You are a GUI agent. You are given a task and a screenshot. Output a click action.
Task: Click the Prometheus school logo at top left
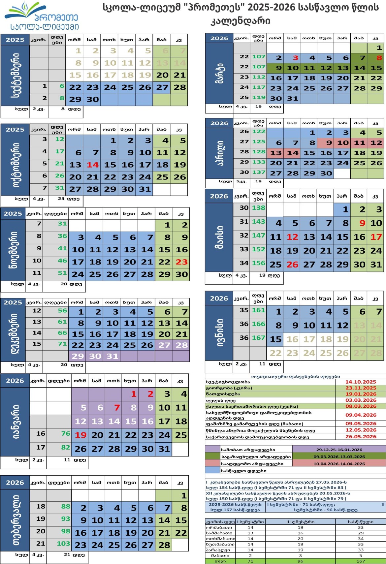41,16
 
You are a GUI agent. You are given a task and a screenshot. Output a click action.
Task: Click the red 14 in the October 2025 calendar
93,165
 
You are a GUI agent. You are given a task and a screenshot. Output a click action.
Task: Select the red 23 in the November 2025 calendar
181,262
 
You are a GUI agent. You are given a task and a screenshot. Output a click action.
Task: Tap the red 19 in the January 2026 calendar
80,435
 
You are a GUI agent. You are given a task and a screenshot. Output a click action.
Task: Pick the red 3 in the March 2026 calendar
296,58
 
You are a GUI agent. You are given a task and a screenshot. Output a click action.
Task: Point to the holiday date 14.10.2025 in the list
361,382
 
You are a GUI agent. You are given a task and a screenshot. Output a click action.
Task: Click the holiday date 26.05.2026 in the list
361,437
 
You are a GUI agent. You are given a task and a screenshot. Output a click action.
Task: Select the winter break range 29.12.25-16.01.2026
339,450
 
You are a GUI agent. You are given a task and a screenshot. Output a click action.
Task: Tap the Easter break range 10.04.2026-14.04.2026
339,464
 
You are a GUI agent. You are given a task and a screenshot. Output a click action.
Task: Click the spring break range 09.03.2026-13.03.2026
339,457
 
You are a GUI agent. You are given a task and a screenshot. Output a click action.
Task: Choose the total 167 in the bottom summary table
361,561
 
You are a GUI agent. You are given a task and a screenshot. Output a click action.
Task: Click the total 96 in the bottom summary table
300,561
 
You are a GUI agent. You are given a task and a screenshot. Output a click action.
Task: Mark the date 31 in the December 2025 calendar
112,356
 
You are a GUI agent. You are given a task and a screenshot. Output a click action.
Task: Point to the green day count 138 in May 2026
259,208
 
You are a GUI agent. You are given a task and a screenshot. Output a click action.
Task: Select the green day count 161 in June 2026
259,310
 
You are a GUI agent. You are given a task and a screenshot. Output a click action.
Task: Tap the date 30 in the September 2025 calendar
93,99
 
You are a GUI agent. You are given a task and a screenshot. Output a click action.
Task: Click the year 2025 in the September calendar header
15,40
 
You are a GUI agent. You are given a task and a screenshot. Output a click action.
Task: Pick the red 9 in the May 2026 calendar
362,223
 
